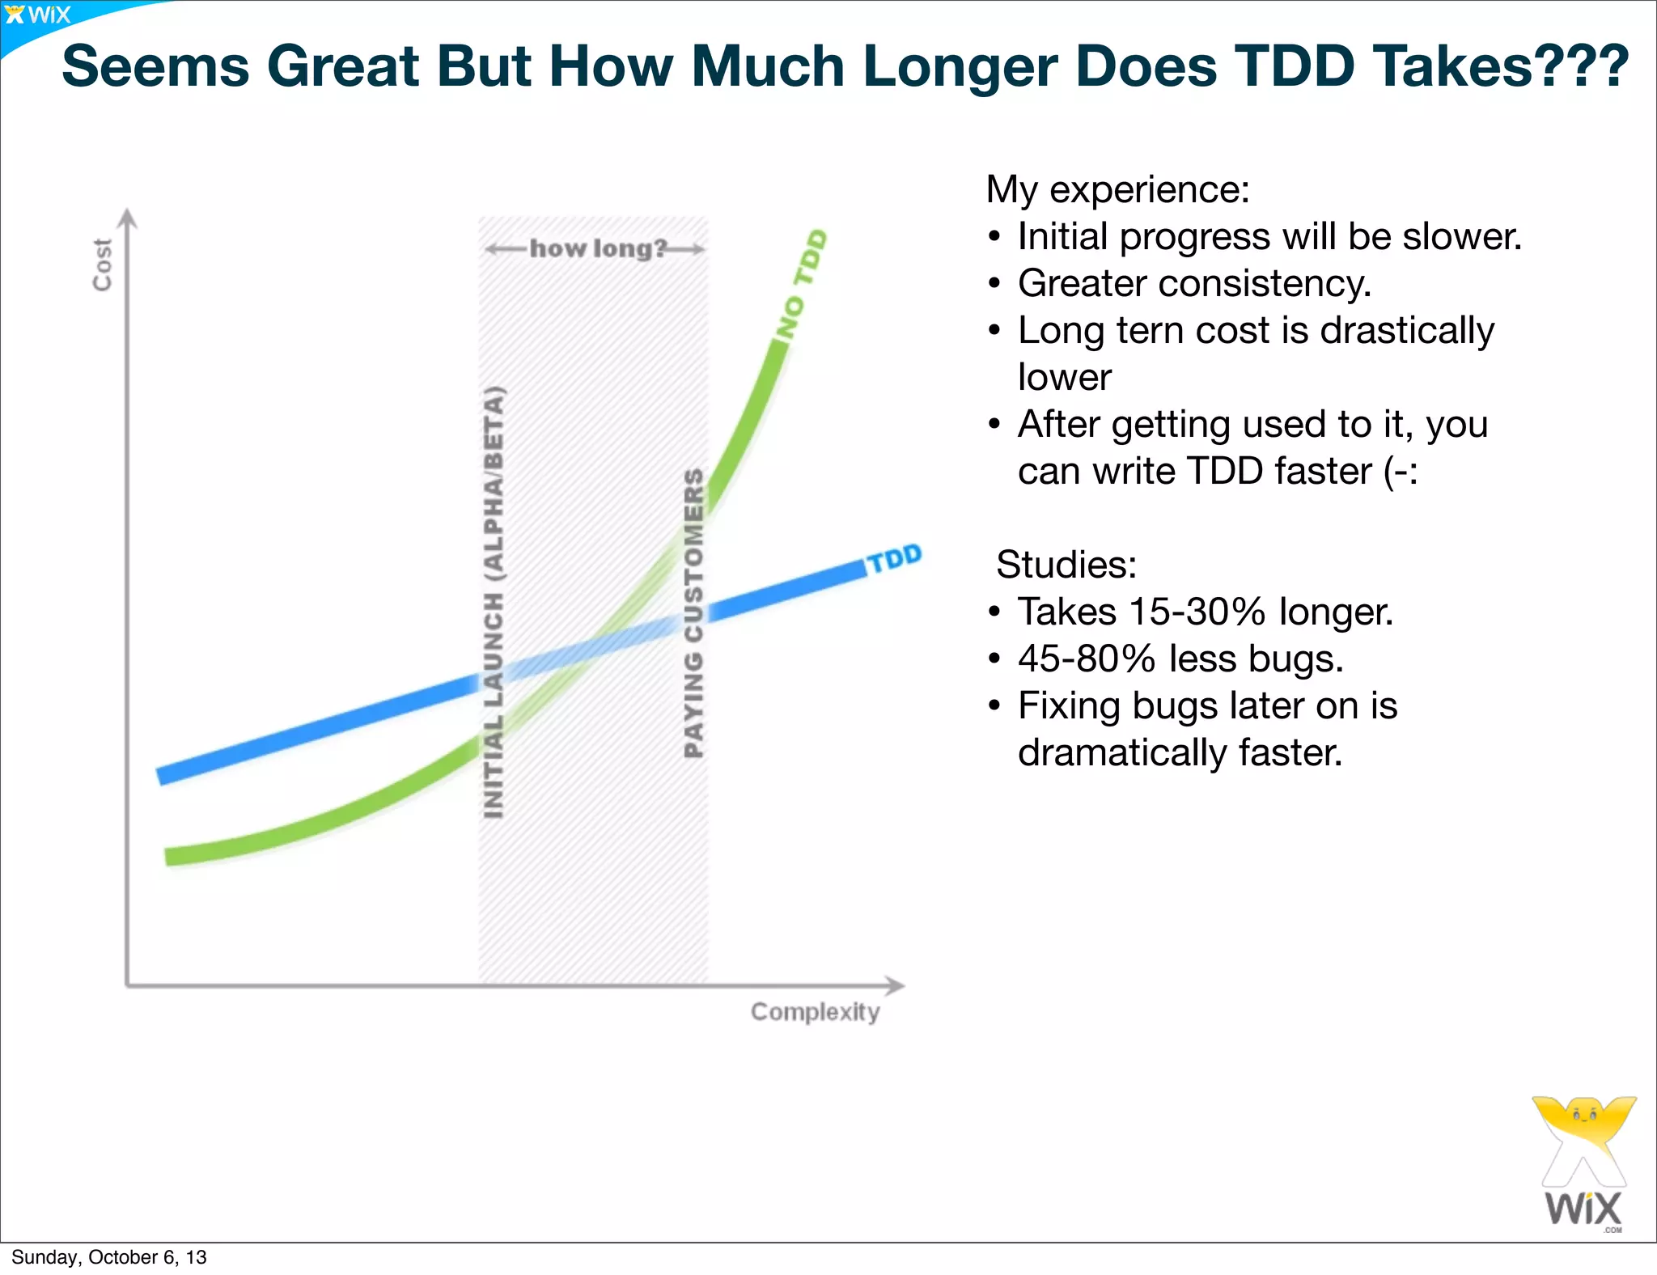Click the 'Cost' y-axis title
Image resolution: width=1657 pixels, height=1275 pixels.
[x=102, y=265]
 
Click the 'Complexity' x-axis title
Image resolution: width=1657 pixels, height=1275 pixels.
[x=815, y=1011]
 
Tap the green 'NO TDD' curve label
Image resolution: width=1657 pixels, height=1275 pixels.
[x=801, y=284]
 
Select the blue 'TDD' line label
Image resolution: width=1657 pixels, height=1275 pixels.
[x=895, y=558]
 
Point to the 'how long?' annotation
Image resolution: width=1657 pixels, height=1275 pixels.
[x=597, y=248]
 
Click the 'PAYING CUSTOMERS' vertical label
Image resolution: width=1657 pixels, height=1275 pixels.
[x=693, y=612]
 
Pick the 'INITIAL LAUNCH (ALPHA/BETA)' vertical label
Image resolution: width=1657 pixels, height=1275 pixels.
[x=494, y=602]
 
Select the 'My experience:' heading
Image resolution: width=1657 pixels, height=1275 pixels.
[x=1117, y=189]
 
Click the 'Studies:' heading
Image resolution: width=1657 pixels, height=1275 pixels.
[x=1066, y=565]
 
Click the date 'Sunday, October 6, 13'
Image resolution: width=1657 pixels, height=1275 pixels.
[x=109, y=1257]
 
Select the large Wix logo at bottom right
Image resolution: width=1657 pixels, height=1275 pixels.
[x=1583, y=1165]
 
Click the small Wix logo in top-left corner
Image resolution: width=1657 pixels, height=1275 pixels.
[x=37, y=15]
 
